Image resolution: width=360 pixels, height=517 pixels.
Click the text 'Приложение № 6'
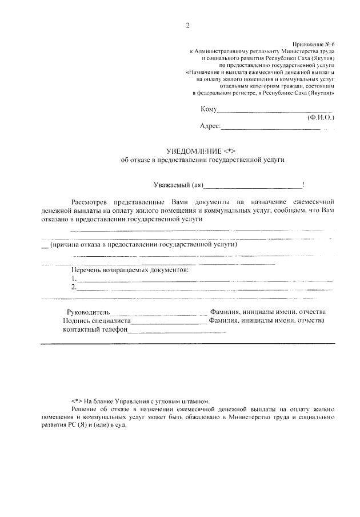point(314,43)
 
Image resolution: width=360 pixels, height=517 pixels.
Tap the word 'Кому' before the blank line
point(209,109)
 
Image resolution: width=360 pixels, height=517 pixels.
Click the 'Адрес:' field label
point(210,126)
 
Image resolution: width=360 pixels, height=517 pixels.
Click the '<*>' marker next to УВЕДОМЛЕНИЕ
point(231,150)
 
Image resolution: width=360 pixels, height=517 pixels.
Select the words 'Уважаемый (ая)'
point(179,184)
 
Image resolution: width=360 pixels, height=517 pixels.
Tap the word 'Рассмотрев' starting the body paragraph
point(90,202)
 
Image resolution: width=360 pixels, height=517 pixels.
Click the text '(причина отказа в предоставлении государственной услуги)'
point(143,244)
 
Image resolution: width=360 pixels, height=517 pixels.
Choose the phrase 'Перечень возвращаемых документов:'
point(129,269)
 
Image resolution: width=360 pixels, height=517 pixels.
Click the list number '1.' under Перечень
point(74,278)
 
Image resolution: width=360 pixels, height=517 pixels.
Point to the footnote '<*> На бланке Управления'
point(126,401)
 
